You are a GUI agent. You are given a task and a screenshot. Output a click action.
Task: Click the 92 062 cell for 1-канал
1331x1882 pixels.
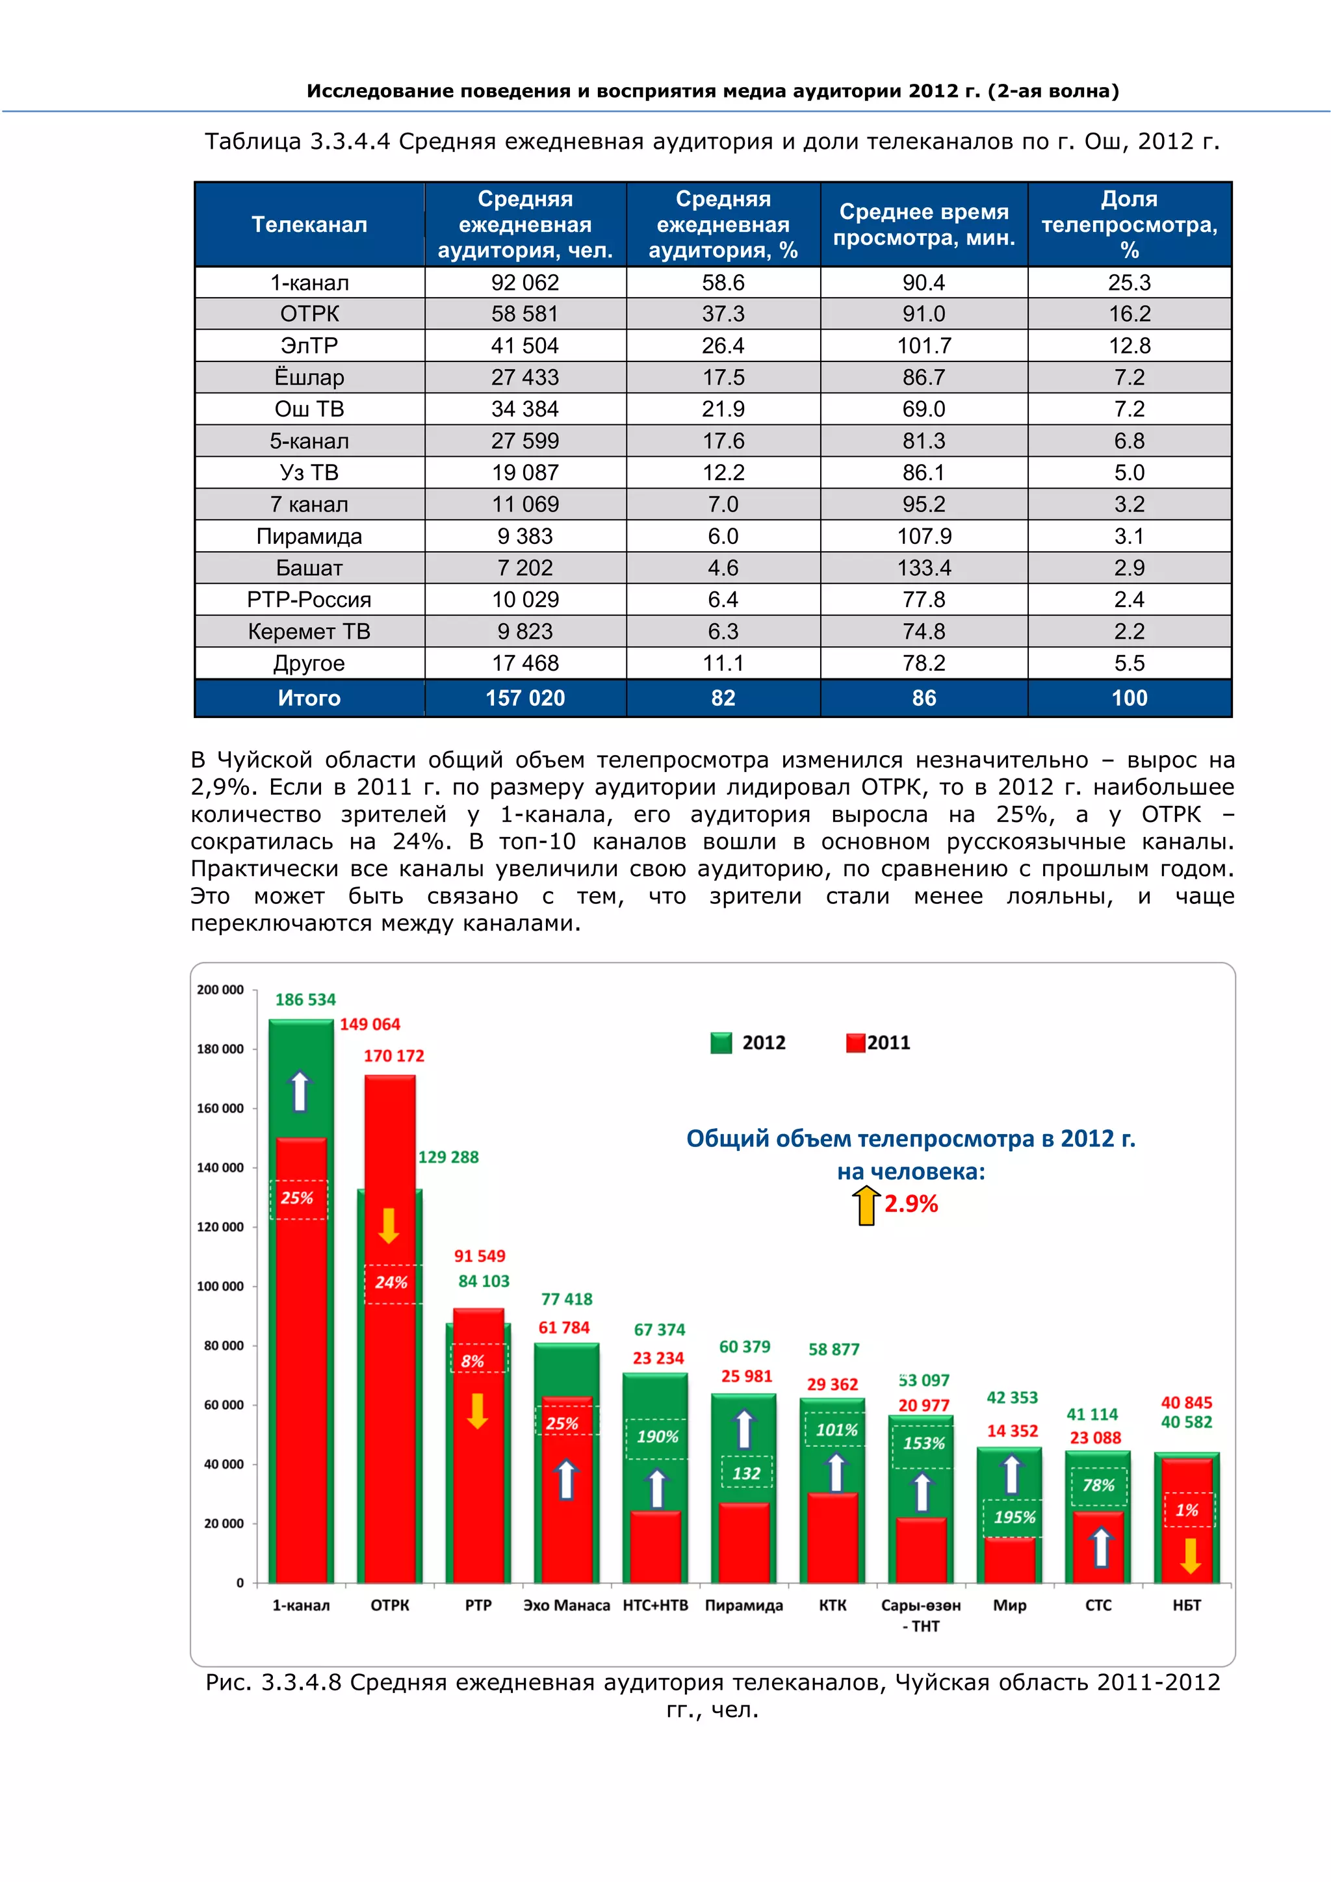(524, 283)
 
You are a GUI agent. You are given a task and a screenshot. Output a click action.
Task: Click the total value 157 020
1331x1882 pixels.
(524, 699)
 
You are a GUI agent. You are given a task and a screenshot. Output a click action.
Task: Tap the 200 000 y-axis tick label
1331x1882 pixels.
(220, 990)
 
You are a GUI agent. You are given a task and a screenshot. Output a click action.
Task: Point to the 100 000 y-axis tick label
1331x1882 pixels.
(220, 1287)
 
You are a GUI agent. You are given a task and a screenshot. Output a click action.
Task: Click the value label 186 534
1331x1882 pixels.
(305, 1000)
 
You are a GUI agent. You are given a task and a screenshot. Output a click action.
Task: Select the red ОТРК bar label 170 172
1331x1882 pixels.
(394, 1057)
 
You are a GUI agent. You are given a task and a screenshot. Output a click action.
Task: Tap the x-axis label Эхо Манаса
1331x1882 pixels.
(566, 1606)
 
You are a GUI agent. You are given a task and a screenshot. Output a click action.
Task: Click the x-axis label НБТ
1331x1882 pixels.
(1186, 1606)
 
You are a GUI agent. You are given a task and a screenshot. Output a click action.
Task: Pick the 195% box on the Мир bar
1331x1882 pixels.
(1014, 1518)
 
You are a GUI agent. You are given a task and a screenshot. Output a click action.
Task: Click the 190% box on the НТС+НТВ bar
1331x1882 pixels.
(657, 1437)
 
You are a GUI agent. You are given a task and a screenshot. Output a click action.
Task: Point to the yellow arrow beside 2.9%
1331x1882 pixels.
(866, 1207)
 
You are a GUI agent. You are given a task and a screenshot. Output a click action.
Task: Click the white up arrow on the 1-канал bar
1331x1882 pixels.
(300, 1091)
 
